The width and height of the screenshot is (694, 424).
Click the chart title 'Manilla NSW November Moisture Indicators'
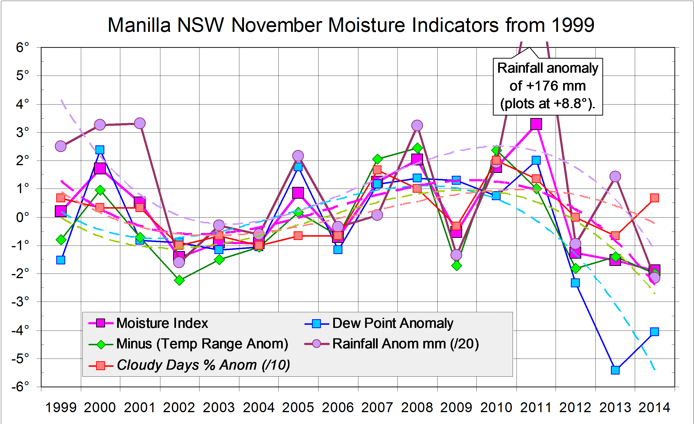pyautogui.click(x=351, y=25)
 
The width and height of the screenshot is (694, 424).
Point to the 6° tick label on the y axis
pyautogui.click(x=22, y=47)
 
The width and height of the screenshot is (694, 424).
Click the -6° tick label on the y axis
pyautogui.click(x=20, y=387)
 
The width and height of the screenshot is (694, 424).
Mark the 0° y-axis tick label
pyautogui.click(x=22, y=218)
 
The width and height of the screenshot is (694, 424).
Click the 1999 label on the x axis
pyautogui.click(x=61, y=407)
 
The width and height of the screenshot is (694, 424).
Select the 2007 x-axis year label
pyautogui.click(x=377, y=407)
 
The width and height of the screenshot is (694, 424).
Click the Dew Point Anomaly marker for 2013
pyautogui.click(x=615, y=370)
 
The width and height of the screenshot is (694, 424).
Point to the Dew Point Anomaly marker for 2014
pyautogui.click(x=655, y=332)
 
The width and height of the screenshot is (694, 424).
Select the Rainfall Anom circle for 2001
pyautogui.click(x=140, y=123)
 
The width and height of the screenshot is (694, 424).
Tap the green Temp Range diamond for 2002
pyautogui.click(x=179, y=280)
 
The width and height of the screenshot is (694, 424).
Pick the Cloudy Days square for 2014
pyautogui.click(x=655, y=198)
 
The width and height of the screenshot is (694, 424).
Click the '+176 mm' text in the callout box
pyautogui.click(x=547, y=86)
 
